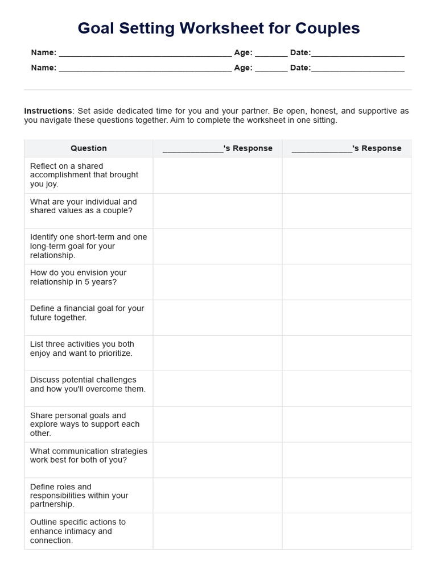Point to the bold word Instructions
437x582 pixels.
[48, 111]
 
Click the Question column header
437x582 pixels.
[89, 148]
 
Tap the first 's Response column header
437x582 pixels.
[217, 148]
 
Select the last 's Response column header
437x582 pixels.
[347, 148]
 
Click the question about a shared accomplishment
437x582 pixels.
[84, 175]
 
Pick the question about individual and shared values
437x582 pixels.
[84, 206]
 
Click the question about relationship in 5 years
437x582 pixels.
[79, 277]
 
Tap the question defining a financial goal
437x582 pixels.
[87, 313]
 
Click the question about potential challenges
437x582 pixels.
[88, 384]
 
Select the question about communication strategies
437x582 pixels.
[89, 455]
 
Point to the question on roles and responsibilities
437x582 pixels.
[79, 495]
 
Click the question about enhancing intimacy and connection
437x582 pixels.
[78, 531]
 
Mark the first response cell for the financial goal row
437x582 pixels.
[217, 318]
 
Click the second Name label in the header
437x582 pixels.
[43, 68]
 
